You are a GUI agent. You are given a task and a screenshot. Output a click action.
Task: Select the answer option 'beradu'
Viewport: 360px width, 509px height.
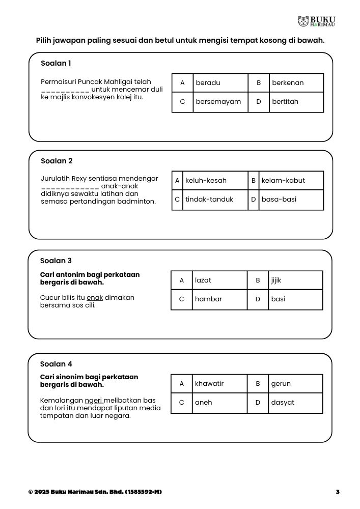(x=208, y=82)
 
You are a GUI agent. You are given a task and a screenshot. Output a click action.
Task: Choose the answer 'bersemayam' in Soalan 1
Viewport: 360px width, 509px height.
(x=218, y=102)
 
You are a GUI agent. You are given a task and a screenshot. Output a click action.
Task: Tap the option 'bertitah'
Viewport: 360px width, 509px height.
(x=285, y=102)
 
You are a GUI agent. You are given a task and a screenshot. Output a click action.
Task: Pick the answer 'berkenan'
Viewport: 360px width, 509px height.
(x=288, y=82)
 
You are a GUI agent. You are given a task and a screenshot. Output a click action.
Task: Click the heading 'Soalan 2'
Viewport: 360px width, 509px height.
(x=57, y=161)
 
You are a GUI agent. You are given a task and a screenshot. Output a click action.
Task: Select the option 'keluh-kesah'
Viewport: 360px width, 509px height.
(x=206, y=180)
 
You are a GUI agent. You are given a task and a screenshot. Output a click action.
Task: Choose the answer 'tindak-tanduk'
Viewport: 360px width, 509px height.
(x=209, y=200)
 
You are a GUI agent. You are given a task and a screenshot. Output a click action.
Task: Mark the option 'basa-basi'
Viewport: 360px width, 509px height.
(x=279, y=200)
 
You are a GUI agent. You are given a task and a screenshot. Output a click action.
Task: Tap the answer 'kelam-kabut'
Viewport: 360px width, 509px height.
(x=283, y=180)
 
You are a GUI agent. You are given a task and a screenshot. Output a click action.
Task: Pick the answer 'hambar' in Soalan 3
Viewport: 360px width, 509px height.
(x=208, y=299)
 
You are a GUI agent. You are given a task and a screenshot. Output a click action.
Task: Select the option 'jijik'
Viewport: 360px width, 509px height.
(x=276, y=280)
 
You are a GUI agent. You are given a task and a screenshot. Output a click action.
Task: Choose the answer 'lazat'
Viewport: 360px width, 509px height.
(x=203, y=280)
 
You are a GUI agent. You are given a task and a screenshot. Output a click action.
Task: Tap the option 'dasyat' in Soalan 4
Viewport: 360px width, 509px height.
(x=283, y=403)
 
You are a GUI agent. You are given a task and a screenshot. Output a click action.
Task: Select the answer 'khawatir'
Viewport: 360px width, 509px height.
(x=209, y=383)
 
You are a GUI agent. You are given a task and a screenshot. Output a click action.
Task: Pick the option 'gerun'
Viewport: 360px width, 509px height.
(x=281, y=383)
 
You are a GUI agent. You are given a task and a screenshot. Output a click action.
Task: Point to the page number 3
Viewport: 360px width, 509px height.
(x=338, y=492)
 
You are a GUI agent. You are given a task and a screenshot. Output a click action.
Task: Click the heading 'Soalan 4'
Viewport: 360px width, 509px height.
(x=56, y=364)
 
